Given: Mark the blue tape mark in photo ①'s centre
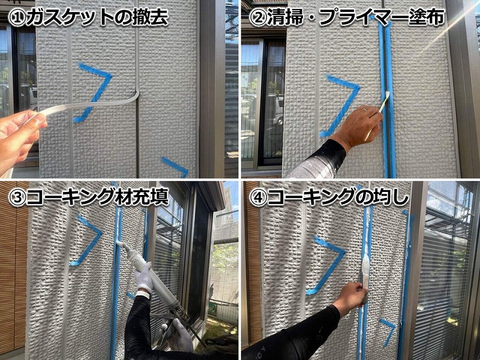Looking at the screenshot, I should click(x=95, y=90).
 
